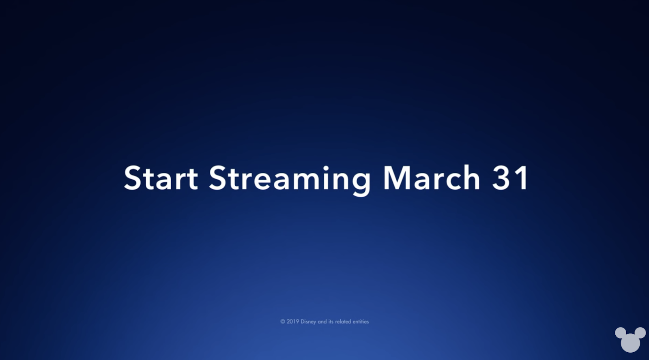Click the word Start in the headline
coord(161,178)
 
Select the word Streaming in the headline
coord(290,180)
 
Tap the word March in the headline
coord(432,178)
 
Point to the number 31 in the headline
coord(511,178)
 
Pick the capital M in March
coord(397,178)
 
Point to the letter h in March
coord(471,177)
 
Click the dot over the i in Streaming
coord(326,168)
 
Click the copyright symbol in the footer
coord(282,321)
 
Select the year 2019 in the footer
coord(292,321)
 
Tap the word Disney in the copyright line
coord(308,322)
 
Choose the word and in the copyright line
coord(322,321)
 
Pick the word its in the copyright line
coord(331,321)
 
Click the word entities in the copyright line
coord(360,321)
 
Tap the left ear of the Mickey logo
coord(621,333)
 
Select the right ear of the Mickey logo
coord(640,333)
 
